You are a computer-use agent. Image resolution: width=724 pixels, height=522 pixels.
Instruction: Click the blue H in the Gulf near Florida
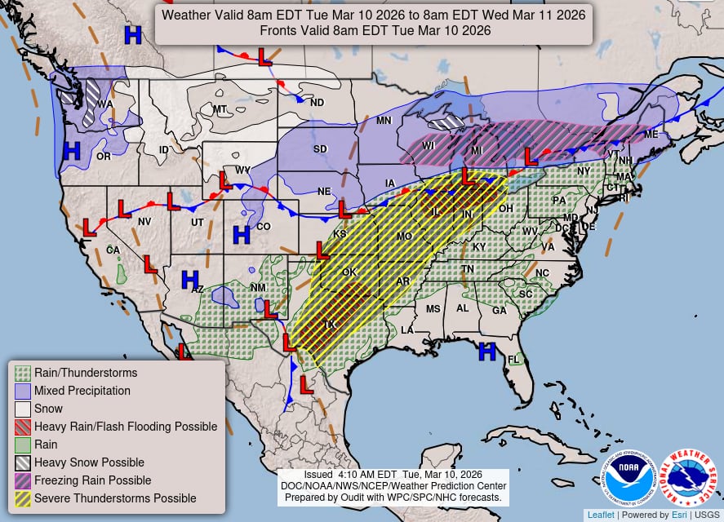pos(487,352)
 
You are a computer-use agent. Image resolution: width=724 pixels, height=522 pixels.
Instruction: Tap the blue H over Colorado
pos(241,235)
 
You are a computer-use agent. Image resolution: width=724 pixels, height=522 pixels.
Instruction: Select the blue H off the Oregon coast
pos(72,150)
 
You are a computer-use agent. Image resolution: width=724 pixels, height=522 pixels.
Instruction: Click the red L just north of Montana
pos(264,56)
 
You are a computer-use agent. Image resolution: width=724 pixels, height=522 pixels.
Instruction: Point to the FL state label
pos(513,360)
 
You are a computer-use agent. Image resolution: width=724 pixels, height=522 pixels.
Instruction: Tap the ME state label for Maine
pos(651,134)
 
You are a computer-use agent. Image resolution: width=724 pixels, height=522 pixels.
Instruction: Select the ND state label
pos(317,103)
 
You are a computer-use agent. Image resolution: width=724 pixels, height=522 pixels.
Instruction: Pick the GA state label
pos(499,310)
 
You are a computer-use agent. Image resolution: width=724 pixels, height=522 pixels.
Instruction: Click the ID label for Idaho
pos(164,149)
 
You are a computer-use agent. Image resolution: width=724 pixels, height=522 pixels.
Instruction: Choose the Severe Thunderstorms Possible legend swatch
pos(23,498)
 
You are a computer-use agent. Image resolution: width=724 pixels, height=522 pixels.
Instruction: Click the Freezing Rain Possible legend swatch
pos(23,480)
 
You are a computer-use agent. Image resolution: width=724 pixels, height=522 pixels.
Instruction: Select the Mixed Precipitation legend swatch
pos(23,391)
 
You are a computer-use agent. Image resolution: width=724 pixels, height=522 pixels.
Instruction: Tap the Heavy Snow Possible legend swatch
pos(23,462)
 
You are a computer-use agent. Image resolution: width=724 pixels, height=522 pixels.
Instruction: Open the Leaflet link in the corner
pos(601,515)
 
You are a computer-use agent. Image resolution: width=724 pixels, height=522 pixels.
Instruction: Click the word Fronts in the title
pos(278,30)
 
